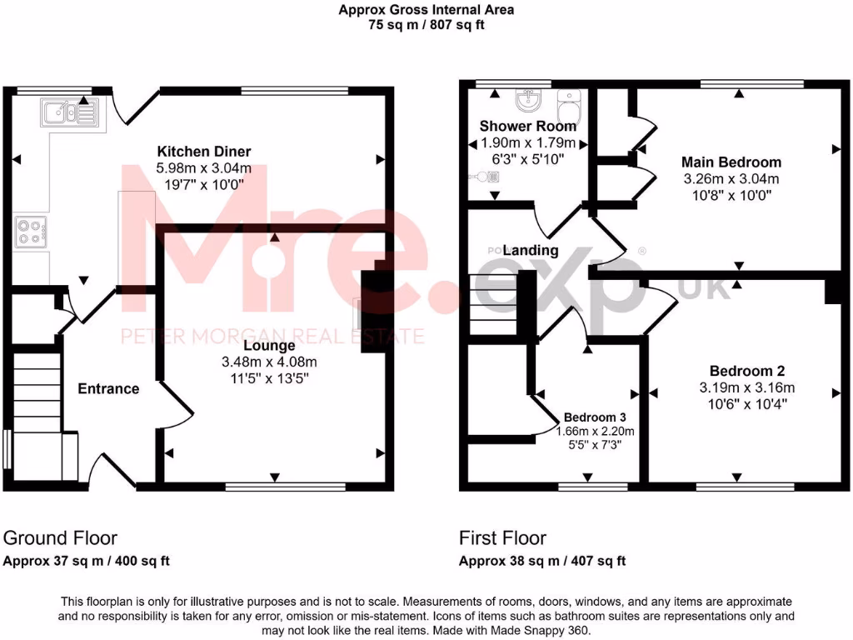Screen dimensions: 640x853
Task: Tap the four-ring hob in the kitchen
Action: [x=31, y=232]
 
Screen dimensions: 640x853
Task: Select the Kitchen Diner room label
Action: [x=204, y=152]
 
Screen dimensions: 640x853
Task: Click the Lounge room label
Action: [x=269, y=345]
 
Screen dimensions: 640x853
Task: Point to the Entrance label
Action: [x=108, y=389]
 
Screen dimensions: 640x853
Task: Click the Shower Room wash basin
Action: [x=527, y=102]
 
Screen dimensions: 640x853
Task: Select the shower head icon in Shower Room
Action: [x=486, y=177]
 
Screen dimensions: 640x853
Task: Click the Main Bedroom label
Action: [x=731, y=162]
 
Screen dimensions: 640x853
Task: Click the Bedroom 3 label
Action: [x=594, y=417]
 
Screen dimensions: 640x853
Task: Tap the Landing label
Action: [x=531, y=250]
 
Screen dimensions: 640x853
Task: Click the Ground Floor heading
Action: [x=61, y=538]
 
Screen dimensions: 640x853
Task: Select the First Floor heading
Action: [x=502, y=538]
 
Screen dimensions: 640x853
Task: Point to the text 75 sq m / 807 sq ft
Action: [x=426, y=25]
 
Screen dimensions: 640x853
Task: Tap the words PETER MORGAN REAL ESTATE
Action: [x=273, y=337]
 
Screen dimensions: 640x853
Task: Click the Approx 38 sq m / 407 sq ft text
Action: [x=542, y=561]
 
